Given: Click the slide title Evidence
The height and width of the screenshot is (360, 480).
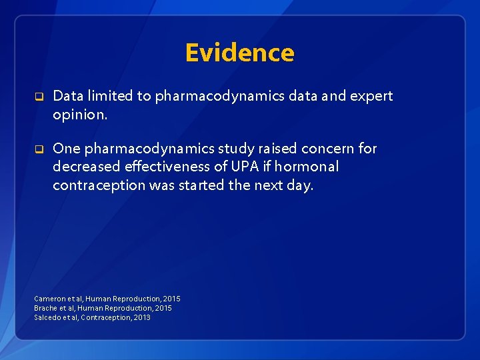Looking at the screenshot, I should coord(239,53).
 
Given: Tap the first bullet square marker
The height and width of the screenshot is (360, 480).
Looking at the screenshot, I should coord(39,97).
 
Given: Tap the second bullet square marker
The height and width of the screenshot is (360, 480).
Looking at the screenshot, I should coord(39,149).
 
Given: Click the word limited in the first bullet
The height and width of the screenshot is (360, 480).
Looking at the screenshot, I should coord(110,96).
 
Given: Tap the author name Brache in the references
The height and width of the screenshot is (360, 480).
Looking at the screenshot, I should coord(45,308).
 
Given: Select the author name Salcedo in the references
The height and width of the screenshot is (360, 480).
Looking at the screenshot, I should coord(47,317).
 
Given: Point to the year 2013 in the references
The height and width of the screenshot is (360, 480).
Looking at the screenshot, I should coord(141,317).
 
